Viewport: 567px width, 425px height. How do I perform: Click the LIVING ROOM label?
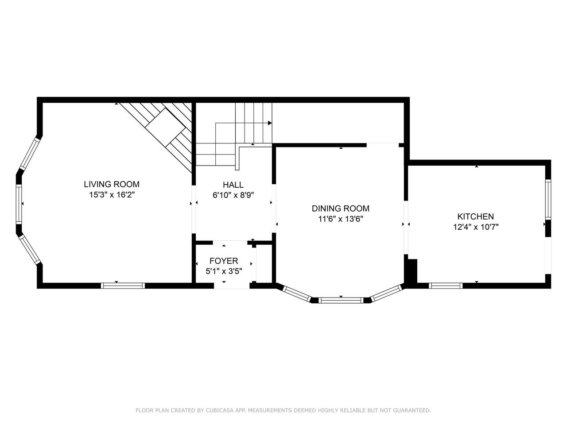point(112,184)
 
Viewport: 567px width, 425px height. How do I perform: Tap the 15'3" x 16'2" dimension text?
point(112,195)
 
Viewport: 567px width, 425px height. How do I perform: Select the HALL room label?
point(233,185)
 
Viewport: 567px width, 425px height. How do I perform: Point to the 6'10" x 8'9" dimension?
point(233,195)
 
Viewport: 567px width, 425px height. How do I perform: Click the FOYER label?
point(224,261)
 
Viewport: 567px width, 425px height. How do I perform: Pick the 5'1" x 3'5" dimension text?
point(224,271)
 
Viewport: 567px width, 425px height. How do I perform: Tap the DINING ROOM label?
point(341,209)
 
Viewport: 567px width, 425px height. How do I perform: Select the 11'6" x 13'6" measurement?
point(341,219)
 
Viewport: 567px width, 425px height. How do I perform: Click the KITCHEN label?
point(476,216)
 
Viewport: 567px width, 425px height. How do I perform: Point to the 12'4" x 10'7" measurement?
point(476,227)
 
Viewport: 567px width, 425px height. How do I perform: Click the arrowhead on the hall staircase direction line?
point(270,123)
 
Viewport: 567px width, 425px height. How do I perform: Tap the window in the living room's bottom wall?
point(123,286)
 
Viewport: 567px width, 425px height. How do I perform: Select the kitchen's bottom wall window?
point(446,286)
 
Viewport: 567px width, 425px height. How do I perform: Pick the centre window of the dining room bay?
point(341,300)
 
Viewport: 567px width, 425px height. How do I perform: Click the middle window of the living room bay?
point(19,204)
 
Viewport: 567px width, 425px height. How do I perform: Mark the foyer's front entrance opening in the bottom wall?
point(232,286)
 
